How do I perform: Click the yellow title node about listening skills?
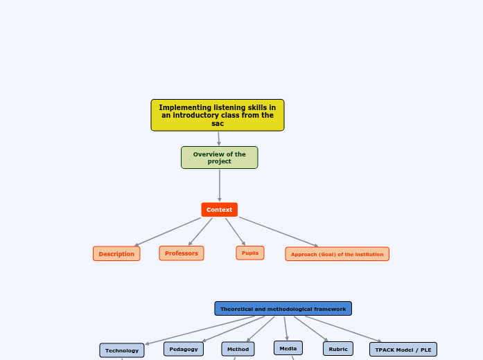tap(217, 115)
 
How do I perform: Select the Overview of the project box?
tap(219, 158)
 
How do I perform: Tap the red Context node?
tap(219, 210)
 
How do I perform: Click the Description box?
tap(116, 254)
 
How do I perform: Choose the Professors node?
tap(181, 253)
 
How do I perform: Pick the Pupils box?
tap(249, 253)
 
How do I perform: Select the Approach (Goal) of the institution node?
tap(337, 254)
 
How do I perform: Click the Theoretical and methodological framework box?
tap(283, 309)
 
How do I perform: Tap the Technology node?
tap(122, 350)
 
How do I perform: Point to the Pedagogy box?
tap(184, 349)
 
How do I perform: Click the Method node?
tap(238, 349)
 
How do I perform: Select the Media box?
tap(288, 348)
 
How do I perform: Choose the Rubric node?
tap(338, 349)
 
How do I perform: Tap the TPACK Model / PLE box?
tap(403, 350)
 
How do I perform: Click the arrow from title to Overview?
tap(219, 138)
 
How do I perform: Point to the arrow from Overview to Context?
tap(220, 186)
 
